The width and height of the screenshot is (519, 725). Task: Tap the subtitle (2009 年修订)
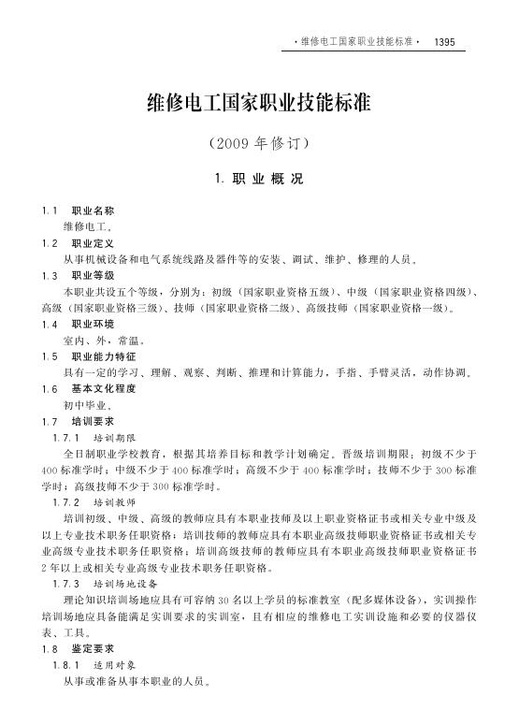[x=259, y=145]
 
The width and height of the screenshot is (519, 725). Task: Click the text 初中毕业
[x=88, y=405]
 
